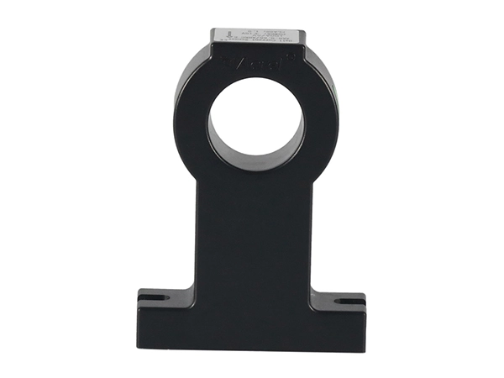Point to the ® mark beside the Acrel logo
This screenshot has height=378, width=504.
click(286, 56)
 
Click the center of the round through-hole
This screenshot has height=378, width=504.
click(255, 124)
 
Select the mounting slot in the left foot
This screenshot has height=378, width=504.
click(152, 296)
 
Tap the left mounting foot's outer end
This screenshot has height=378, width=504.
click(141, 311)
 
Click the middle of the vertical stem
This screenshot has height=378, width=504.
click(254, 244)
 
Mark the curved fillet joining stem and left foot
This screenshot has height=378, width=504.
click(192, 286)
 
